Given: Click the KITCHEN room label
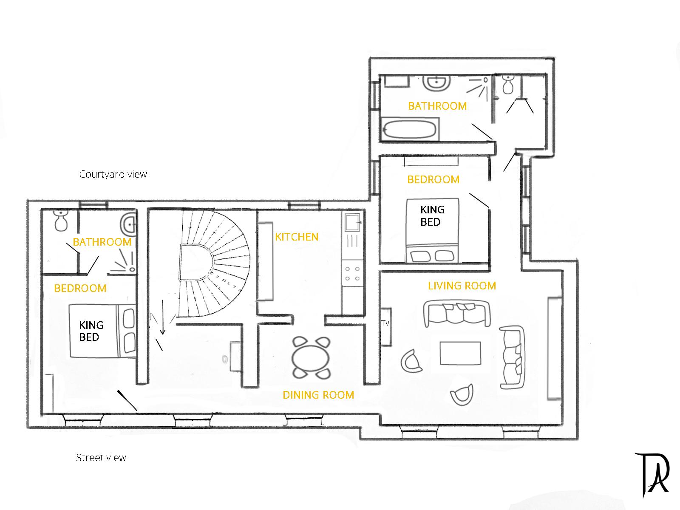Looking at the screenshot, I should tap(297, 237).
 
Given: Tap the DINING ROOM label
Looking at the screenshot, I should tap(318, 395).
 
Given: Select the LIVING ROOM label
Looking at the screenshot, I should tap(462, 286).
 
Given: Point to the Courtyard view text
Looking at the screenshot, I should tap(113, 174).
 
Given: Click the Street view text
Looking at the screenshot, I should tap(101, 458).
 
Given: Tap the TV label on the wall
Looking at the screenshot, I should tap(385, 323).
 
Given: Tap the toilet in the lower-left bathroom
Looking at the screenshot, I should tap(60, 221).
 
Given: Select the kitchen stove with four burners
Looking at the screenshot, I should tap(353, 273).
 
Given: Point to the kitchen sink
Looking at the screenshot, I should tap(352, 221).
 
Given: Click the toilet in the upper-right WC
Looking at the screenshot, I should tap(508, 85).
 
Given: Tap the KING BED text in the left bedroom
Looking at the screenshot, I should tap(91, 331).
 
